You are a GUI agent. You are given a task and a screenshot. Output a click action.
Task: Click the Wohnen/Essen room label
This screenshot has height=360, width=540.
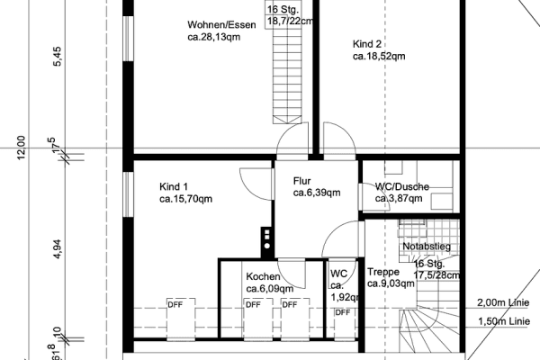click(x=221, y=24)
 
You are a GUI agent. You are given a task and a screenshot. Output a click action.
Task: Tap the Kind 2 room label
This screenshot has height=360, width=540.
click(x=368, y=43)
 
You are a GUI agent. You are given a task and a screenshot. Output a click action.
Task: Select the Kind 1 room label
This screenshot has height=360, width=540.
click(x=174, y=186)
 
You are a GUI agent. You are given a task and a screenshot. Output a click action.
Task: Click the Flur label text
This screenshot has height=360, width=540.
click(x=302, y=180)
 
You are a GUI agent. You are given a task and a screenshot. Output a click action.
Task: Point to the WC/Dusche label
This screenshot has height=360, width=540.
click(x=401, y=186)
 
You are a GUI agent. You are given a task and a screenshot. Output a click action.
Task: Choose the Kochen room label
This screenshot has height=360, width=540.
click(x=263, y=276)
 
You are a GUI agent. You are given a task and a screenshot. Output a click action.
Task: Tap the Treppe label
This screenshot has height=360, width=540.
click(x=383, y=272)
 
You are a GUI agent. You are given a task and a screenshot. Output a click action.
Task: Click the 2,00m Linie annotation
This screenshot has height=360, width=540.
click(x=502, y=302)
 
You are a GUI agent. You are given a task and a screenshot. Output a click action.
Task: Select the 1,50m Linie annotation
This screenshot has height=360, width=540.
click(x=502, y=321)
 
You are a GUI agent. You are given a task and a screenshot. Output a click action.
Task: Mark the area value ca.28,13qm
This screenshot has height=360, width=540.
click(x=214, y=38)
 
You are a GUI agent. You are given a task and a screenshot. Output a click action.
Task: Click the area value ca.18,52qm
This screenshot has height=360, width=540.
click(x=379, y=56)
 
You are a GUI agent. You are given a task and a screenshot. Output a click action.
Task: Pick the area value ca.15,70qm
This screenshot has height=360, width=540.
click(x=186, y=199)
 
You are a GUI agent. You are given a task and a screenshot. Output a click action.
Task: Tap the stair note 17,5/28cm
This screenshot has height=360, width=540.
click(x=437, y=275)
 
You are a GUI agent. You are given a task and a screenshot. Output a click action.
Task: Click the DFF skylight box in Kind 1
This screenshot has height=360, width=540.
click(x=175, y=304)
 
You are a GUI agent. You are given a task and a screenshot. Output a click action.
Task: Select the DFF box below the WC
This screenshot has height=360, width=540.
click(x=342, y=312)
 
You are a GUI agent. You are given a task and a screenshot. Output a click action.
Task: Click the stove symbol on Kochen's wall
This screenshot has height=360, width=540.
click(x=267, y=238)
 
